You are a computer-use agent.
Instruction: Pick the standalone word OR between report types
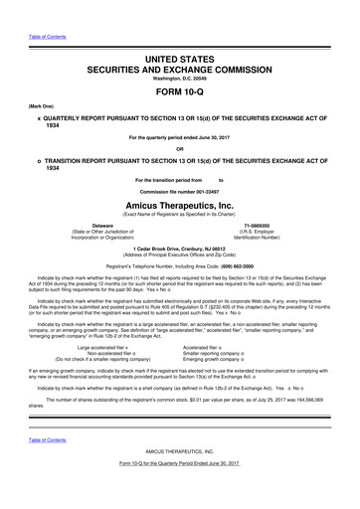point(179,150)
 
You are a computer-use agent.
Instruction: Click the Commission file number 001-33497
point(180,190)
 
